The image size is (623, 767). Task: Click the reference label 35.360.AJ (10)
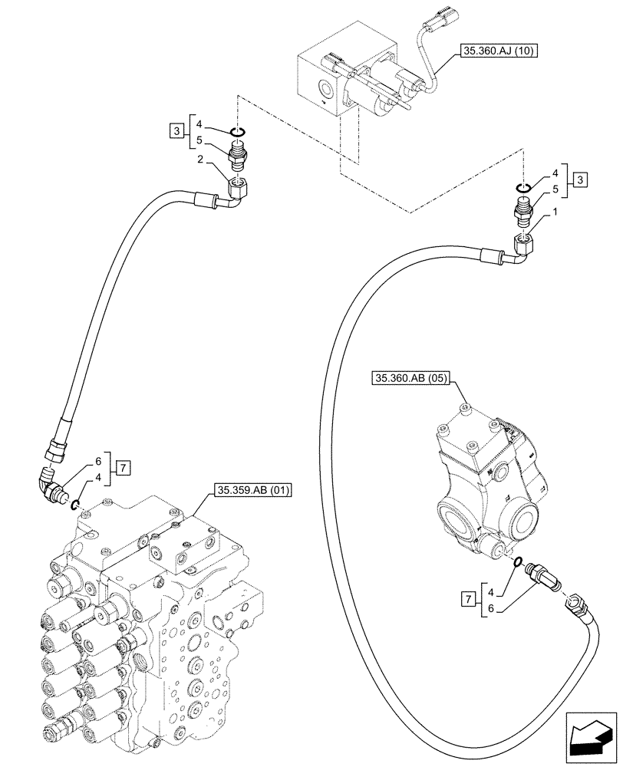499,52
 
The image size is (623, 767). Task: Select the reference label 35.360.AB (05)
412,378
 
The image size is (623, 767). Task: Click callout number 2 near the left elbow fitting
199,159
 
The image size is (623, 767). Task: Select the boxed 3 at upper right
582,179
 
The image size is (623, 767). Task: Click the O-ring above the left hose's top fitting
238,133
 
